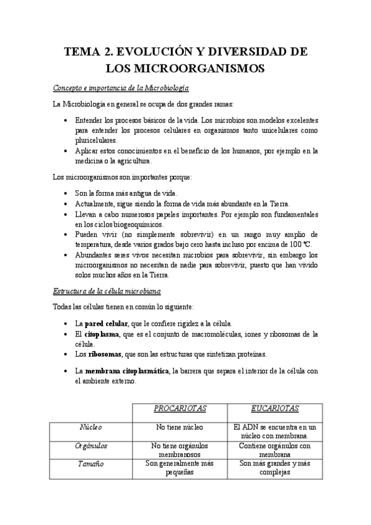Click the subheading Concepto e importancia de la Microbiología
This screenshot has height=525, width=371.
point(121,88)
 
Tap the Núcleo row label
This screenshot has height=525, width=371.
point(91,427)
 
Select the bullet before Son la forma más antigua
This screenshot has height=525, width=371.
point(66,194)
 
